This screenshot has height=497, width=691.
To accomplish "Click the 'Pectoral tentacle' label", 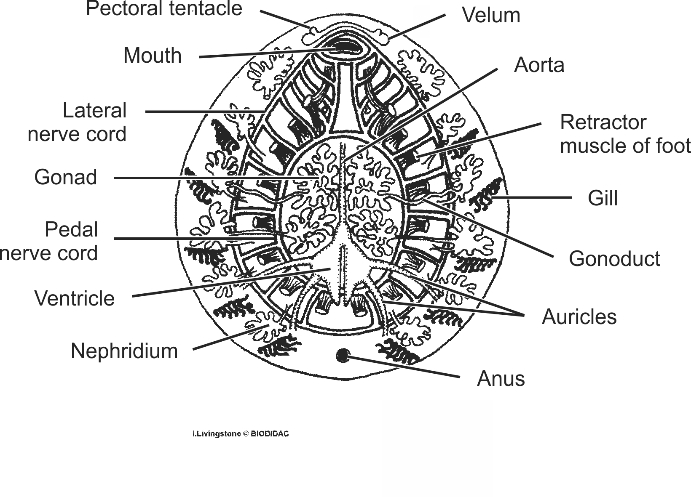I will pos(164,8).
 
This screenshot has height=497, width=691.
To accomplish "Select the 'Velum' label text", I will pos(491,15).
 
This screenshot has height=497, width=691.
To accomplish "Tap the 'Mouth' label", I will pos(152,56).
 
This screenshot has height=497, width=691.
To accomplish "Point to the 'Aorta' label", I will pos(539,65).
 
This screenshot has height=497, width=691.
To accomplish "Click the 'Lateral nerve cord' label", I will pos(77,122).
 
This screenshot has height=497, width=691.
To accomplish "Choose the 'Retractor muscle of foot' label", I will pos(625,134).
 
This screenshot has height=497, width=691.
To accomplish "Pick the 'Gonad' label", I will pos(66,177).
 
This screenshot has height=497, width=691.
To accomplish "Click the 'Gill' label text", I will pos(603,198).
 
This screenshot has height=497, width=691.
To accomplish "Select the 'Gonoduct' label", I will pos(614,258).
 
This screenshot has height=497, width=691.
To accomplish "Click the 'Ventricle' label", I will pos(75,298).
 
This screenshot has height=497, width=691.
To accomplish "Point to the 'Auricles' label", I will pos(579,316).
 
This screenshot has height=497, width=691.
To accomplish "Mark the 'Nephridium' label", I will pos(124,351).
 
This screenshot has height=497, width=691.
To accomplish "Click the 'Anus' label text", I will pos(501,378).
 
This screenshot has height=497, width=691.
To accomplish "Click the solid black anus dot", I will pos(343,356).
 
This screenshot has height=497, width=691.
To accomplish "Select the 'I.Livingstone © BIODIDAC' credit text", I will pos(241,433).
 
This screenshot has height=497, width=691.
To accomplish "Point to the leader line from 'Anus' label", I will pos(404,367).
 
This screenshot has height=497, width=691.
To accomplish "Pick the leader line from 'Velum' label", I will pos(417,27).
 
